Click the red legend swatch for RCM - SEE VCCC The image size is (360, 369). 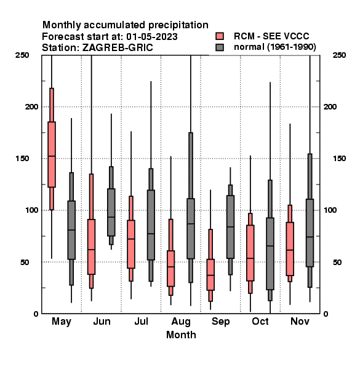pos(220,36)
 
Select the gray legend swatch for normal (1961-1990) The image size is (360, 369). pos(220,47)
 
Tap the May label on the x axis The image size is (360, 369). pos(62,322)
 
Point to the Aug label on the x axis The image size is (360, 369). pos(181,322)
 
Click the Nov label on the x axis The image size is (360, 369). pos(300,321)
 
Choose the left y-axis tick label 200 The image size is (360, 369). pos(31,107)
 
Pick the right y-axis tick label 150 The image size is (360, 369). pos(339,159)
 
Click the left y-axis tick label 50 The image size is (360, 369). pos(25,262)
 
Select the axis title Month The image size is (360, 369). pos(181,335)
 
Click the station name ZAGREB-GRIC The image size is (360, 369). pos(118,48)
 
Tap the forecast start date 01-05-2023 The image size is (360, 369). pos(152,37)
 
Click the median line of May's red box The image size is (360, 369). pos(52,156)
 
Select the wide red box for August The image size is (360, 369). pos(170,269)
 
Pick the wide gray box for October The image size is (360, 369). pos(270,253)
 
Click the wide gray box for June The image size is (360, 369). pos(111,212)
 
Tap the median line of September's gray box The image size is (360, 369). pos(230,227)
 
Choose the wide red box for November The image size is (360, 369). pos(290,248)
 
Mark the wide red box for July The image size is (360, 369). pos(131,244)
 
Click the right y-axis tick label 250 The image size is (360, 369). pos(339,55)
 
